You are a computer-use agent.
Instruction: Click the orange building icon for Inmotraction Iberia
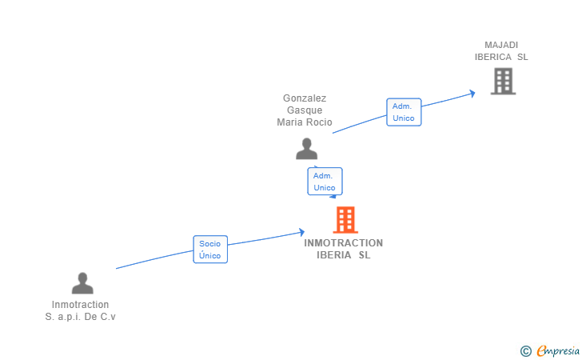tap(345, 219)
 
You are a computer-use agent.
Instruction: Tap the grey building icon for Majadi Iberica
tap(503, 81)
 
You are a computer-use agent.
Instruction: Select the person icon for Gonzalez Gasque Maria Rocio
tap(306, 149)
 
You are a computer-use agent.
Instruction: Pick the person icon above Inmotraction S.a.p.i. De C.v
tap(82, 283)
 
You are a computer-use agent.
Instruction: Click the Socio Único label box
tap(210, 249)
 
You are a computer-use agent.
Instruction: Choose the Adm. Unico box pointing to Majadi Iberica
tap(404, 112)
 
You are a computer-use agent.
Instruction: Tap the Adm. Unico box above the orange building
tap(325, 182)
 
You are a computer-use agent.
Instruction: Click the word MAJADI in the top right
tap(501, 45)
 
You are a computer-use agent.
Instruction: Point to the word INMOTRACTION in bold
tap(344, 243)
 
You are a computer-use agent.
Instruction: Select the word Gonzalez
tap(305, 98)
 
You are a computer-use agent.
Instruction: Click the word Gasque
tap(305, 110)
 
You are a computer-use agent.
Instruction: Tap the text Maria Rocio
tap(305, 122)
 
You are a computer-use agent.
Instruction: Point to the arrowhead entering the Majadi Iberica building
tap(472, 93)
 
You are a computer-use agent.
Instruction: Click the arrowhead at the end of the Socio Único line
tap(301, 233)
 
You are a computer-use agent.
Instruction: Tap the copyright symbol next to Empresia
tap(525, 350)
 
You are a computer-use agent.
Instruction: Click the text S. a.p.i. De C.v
tap(81, 317)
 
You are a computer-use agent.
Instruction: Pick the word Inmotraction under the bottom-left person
tap(81, 305)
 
